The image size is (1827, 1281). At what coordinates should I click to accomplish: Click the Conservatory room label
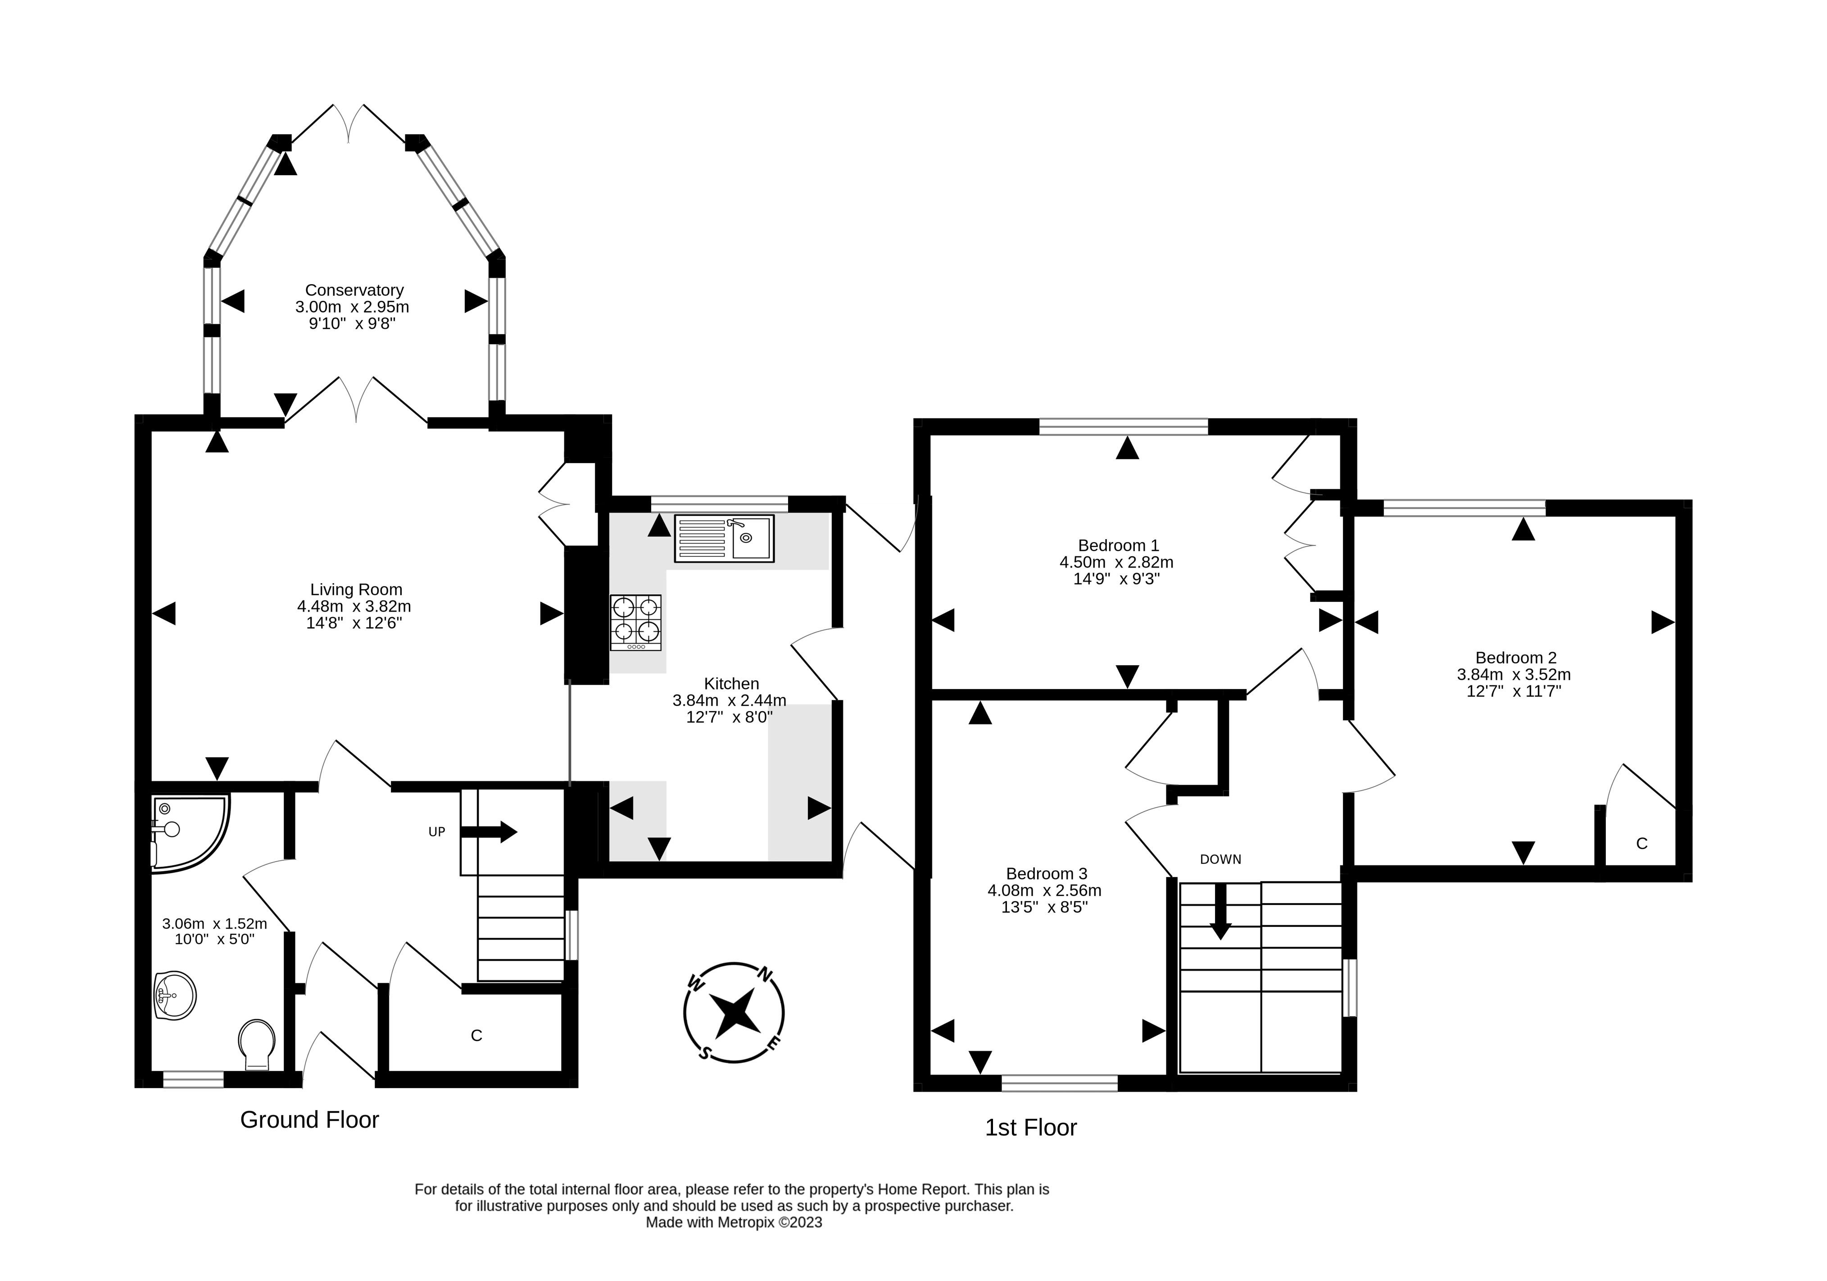[x=354, y=291]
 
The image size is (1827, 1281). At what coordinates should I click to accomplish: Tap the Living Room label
[x=356, y=590]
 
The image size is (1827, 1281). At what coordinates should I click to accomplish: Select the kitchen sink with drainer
[x=724, y=539]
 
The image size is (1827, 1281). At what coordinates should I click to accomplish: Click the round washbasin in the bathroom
[x=174, y=995]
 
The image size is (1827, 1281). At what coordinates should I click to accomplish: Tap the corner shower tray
[x=190, y=832]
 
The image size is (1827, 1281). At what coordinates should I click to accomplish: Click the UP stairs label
[x=437, y=832]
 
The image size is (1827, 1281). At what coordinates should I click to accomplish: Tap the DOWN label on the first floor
[x=1221, y=859]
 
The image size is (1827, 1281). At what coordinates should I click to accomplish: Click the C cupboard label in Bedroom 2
[x=1641, y=843]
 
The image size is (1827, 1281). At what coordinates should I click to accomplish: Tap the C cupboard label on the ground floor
[x=476, y=1035]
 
